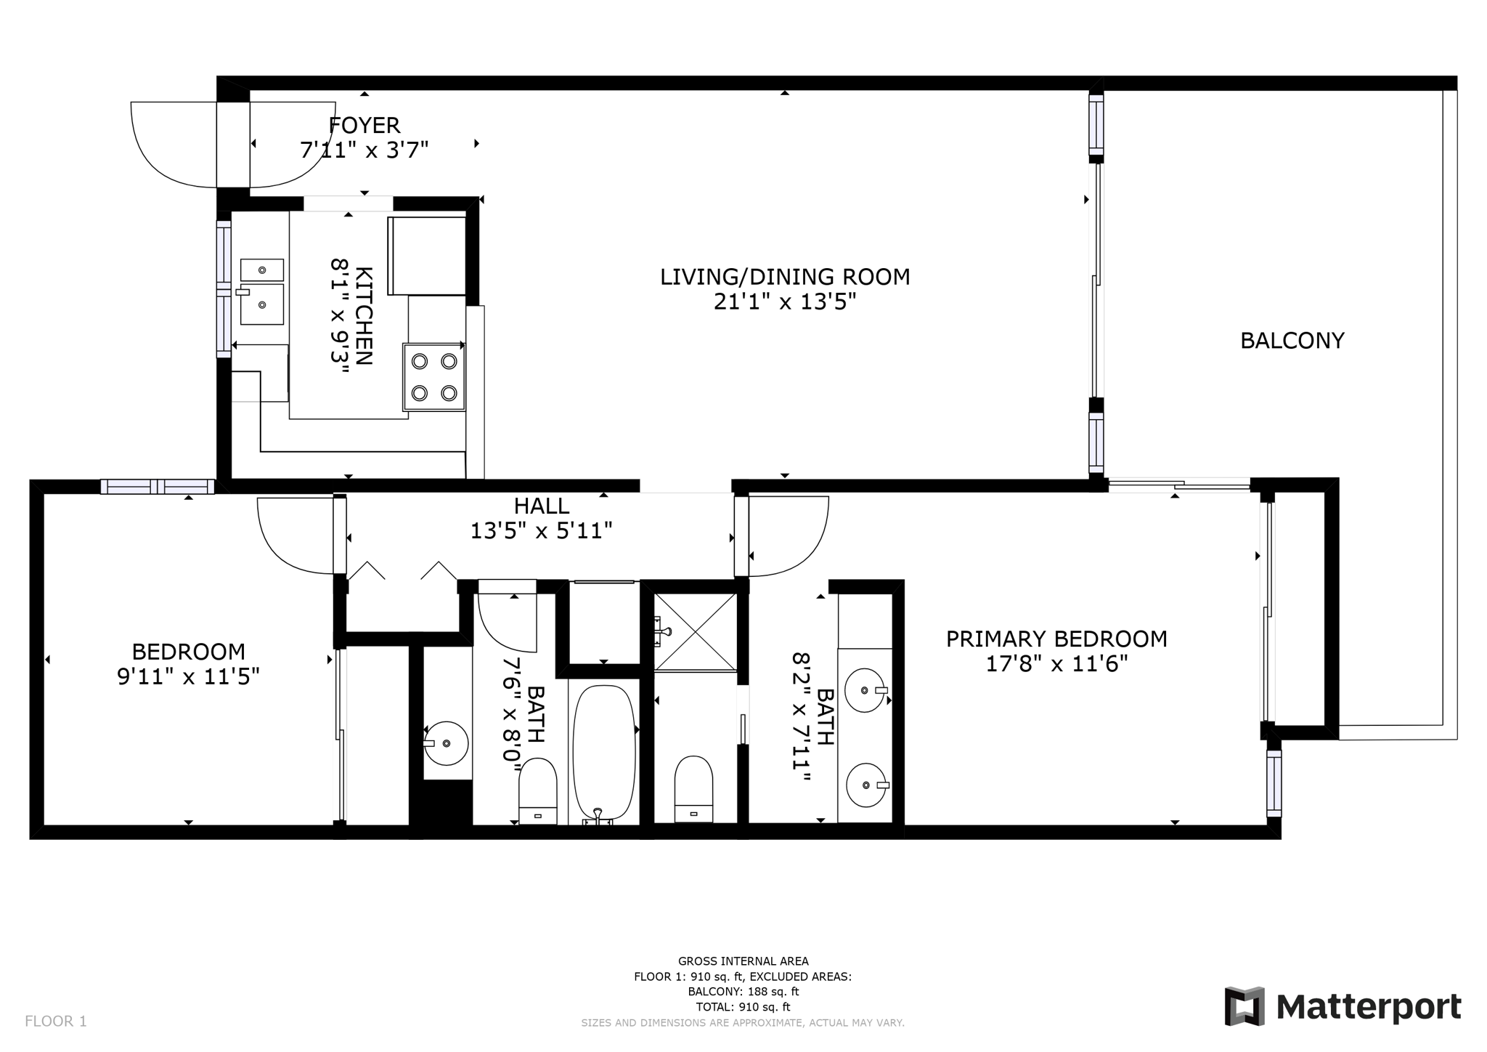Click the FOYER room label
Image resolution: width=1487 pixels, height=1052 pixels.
[364, 125]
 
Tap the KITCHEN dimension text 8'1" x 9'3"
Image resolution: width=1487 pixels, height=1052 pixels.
[341, 316]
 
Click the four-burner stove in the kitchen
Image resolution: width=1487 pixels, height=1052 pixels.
[434, 377]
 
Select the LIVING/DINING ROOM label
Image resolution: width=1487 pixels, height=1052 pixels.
[784, 277]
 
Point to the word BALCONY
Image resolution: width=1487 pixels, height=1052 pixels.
[1292, 341]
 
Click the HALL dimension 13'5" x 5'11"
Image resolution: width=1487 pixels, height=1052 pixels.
[541, 531]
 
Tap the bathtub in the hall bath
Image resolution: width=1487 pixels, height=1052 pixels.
[604, 752]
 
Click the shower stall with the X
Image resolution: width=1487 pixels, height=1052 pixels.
[695, 631]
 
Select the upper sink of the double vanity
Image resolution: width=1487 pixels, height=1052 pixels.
[865, 690]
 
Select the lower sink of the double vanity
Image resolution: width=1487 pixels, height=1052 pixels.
[865, 785]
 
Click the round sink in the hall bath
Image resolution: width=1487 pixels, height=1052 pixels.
[445, 743]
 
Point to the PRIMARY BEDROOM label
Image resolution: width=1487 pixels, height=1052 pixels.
[1056, 639]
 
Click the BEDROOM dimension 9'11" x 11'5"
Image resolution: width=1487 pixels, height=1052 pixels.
[188, 677]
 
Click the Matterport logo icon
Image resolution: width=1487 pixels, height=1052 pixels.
[1244, 1006]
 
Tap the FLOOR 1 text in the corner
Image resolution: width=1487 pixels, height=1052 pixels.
[56, 1021]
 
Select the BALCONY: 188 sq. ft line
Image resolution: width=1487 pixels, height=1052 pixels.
[743, 992]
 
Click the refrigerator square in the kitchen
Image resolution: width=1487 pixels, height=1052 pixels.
[428, 255]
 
